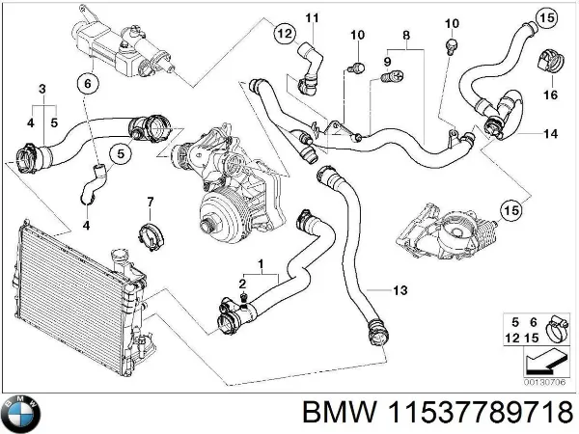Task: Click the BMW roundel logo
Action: tap(20, 414)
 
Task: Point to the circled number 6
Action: tap(86, 85)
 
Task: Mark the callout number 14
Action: tap(550, 132)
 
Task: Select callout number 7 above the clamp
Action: tap(150, 202)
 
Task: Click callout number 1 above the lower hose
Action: tap(261, 263)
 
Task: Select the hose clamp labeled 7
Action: tap(150, 232)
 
